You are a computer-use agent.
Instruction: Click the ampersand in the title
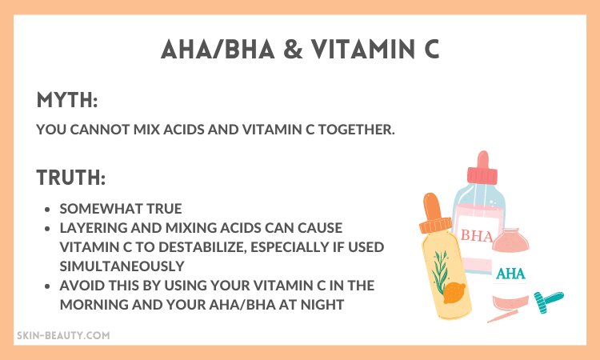pyautogui.click(x=293, y=50)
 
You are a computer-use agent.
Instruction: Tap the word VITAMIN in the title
pyautogui.click(x=362, y=50)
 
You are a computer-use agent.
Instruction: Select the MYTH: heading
pyautogui.click(x=67, y=100)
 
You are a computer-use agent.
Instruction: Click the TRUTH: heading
pyautogui.click(x=71, y=178)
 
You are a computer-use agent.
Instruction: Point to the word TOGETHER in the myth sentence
pyautogui.click(x=357, y=130)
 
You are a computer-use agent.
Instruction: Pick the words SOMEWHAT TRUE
pyautogui.click(x=121, y=209)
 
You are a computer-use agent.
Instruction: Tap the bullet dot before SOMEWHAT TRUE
pyautogui.click(x=47, y=210)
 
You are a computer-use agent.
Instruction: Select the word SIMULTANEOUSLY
pyautogui.click(x=122, y=266)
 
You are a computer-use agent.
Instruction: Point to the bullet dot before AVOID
pyautogui.click(x=47, y=286)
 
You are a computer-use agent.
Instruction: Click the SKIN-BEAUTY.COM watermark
pyautogui.click(x=63, y=335)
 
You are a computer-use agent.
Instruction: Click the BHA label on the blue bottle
pyautogui.click(x=477, y=235)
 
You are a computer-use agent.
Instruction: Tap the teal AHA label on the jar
pyautogui.click(x=510, y=274)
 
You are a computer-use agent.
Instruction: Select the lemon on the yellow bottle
pyautogui.click(x=454, y=293)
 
